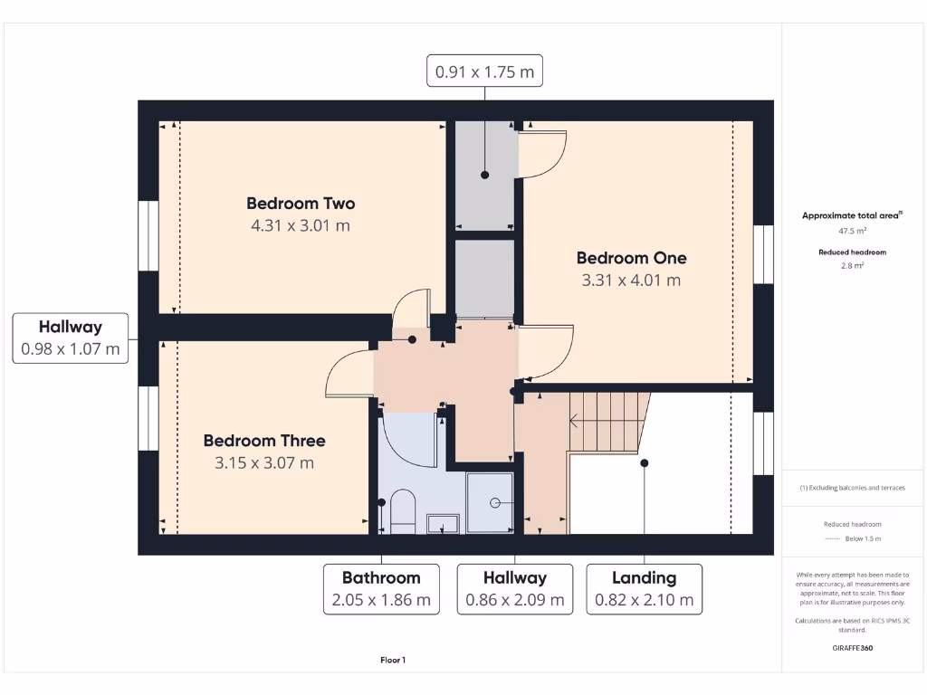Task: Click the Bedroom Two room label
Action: click(301, 204)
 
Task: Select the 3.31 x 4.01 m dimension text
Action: click(631, 281)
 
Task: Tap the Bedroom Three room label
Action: click(264, 441)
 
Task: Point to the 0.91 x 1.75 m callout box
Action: click(484, 71)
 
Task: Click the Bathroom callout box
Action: click(381, 588)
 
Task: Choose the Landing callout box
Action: click(644, 588)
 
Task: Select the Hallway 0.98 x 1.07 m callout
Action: click(70, 338)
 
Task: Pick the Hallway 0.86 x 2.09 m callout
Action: click(514, 588)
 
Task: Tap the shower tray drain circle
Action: click(495, 502)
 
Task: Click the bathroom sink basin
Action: click(443, 522)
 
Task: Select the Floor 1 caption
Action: click(393, 661)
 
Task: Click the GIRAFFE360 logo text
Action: click(852, 648)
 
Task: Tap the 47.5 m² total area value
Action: click(852, 231)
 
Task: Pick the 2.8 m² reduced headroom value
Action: click(852, 266)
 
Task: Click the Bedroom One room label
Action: click(631, 258)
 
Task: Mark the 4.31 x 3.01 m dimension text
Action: click(301, 225)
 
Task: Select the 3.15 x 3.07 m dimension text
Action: click(264, 463)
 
